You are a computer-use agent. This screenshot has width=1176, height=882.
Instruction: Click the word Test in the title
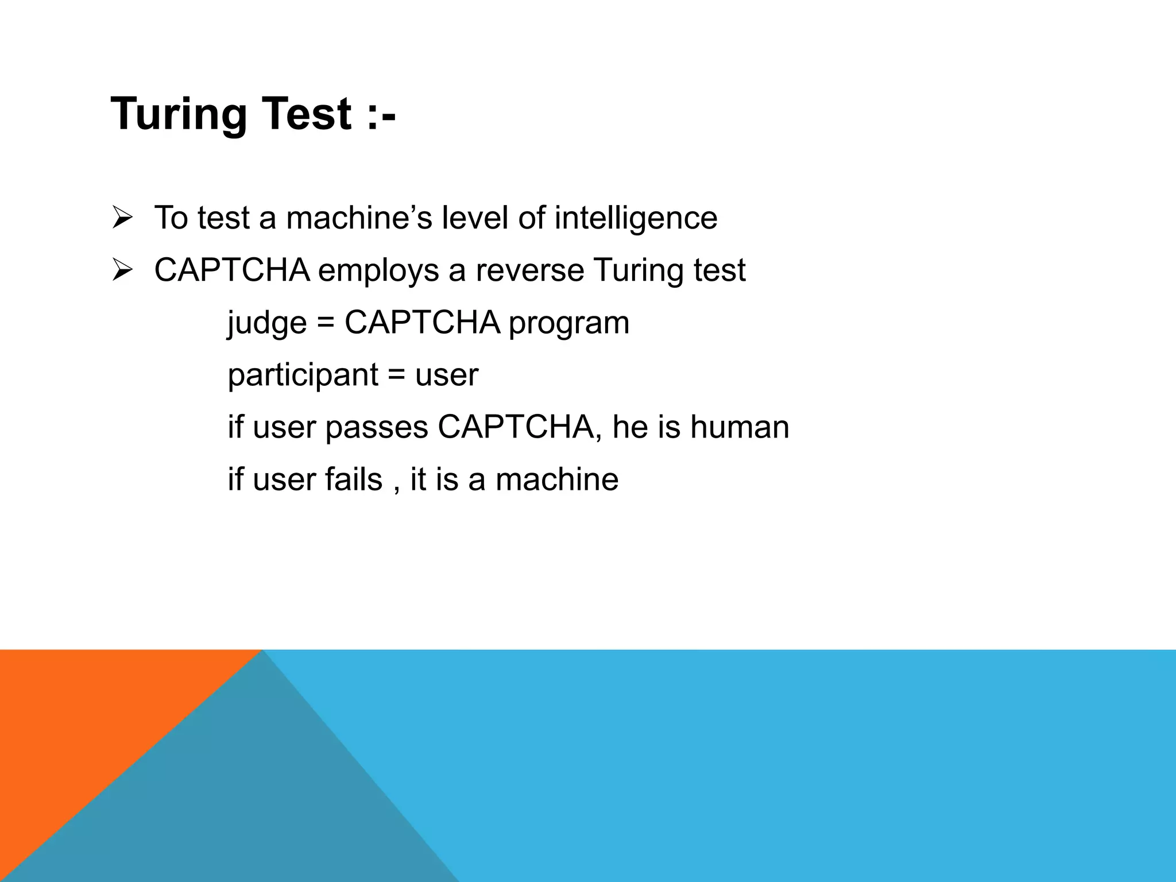point(307,114)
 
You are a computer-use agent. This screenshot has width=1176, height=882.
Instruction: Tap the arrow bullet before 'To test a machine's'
point(122,218)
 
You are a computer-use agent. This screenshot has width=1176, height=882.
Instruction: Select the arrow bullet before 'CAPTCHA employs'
point(122,270)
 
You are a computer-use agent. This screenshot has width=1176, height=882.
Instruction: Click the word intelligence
point(636,218)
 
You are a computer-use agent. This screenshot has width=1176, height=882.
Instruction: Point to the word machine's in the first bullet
point(359,218)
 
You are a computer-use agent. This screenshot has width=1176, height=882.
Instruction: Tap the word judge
point(267,323)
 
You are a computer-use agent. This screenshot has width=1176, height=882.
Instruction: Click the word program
point(568,323)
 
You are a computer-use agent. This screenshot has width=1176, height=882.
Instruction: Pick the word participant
point(303,376)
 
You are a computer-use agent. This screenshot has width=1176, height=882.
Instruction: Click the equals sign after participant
point(396,376)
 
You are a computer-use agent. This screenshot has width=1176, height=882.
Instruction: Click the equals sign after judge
point(325,323)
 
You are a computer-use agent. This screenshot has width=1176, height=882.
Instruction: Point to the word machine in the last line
point(557,479)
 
